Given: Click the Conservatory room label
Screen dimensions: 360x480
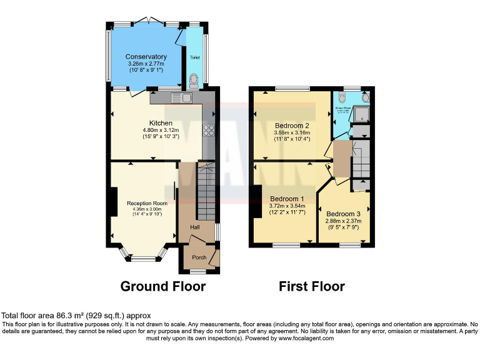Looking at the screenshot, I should point(146,57).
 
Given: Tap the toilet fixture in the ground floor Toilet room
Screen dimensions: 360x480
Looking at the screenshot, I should point(194,80).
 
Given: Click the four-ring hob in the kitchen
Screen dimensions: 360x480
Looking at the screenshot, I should point(208,131).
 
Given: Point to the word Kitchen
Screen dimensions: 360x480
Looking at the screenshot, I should point(161,122).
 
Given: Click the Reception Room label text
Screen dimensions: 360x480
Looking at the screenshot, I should point(147,203).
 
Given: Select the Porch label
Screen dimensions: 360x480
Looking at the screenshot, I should point(199,257).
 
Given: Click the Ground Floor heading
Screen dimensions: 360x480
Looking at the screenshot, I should point(162,287).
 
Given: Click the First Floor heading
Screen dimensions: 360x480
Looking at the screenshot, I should point(311,287).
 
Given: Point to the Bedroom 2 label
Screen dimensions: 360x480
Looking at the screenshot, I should point(292,126).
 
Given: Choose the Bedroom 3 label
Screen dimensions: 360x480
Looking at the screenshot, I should point(343,213).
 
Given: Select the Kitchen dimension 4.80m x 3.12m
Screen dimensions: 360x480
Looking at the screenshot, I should point(161,130).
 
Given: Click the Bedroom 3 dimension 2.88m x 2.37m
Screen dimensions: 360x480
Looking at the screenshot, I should point(343,221).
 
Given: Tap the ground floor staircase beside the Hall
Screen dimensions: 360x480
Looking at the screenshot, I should point(206,191).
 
